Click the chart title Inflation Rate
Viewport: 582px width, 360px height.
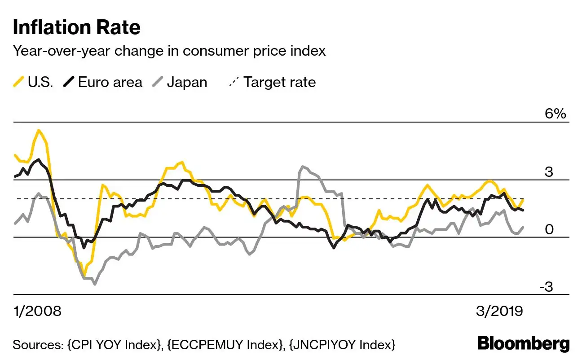click(76, 27)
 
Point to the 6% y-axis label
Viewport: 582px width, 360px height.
click(556, 114)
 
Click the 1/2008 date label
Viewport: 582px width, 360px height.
click(37, 311)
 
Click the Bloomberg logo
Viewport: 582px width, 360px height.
click(523, 344)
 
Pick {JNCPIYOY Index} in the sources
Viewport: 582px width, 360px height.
click(342, 345)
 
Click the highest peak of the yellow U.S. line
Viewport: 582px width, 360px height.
click(39, 130)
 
